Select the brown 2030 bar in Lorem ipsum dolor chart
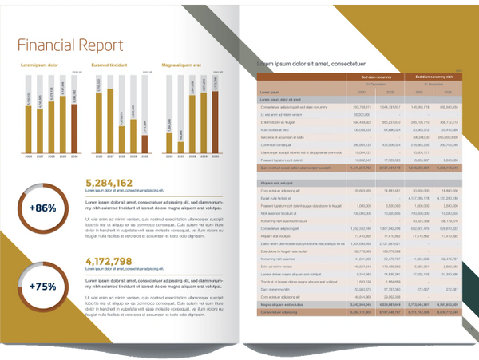(76, 111)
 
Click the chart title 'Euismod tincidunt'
(110, 63)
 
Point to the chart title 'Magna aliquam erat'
(185, 63)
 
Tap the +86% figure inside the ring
(42, 208)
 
